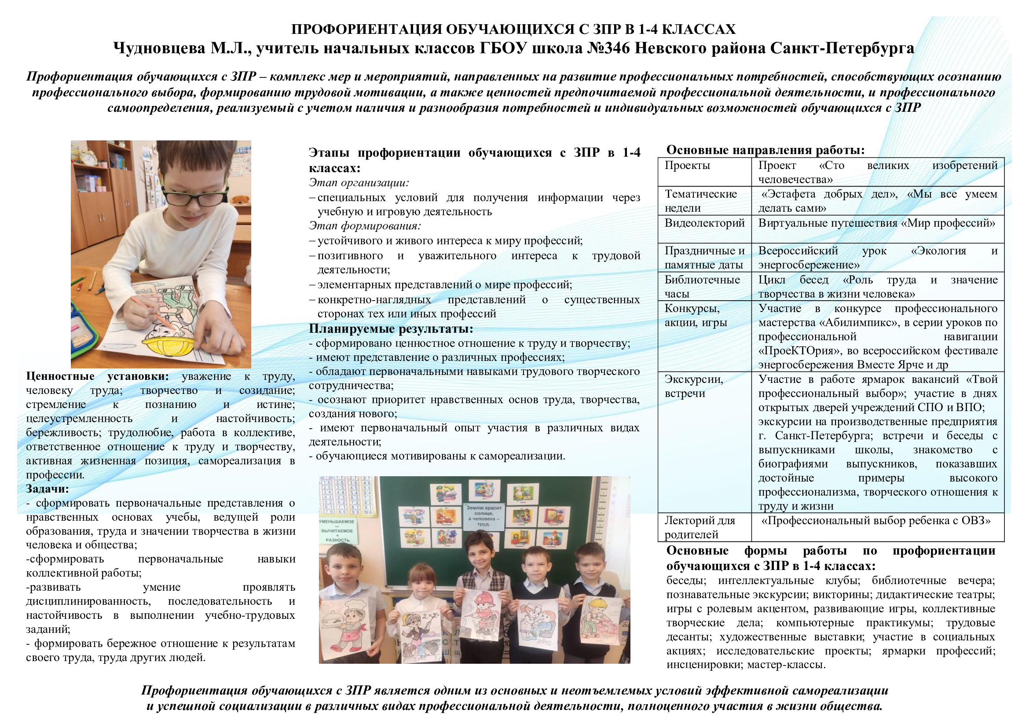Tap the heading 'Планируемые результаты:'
tap(391, 329)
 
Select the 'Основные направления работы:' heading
tap(765, 150)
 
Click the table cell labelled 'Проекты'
tap(687, 165)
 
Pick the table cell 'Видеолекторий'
tap(704, 223)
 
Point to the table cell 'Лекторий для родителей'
tap(699, 527)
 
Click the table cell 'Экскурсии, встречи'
tap(693, 386)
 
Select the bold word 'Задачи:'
tap(48, 489)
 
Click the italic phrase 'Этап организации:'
tap(359, 183)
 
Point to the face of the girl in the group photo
tap(420, 583)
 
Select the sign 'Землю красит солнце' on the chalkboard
tap(483, 515)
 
